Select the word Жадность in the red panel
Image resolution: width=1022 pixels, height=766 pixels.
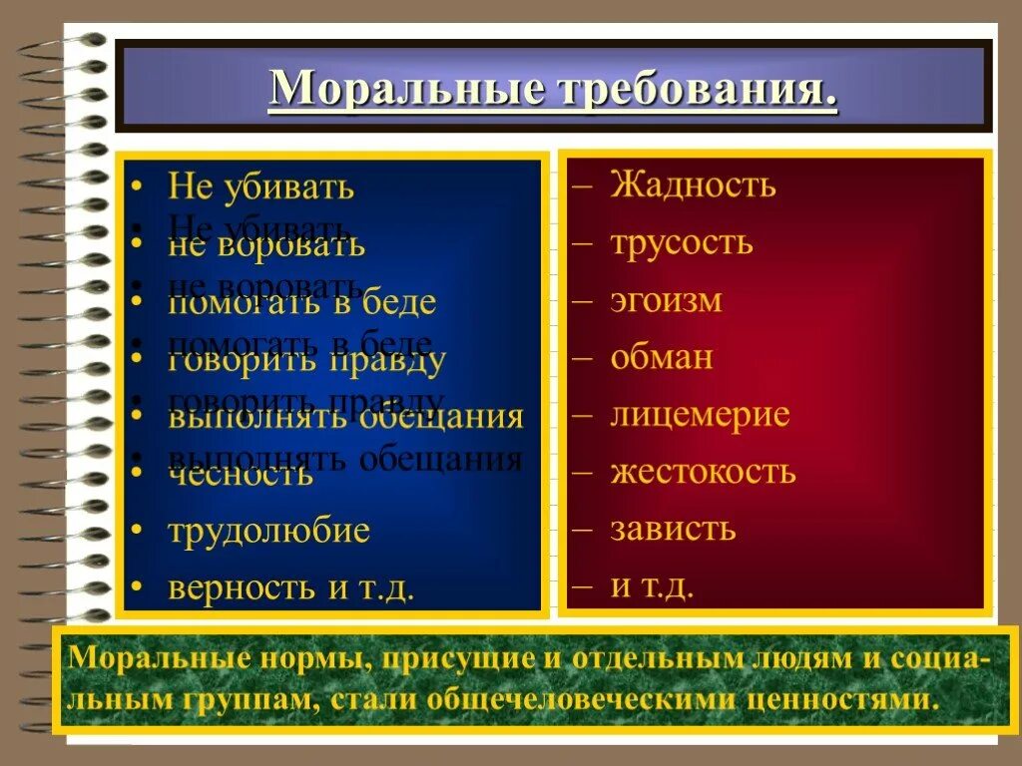pos(694,185)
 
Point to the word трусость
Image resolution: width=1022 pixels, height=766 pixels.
pos(682,242)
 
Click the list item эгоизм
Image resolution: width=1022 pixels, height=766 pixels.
pos(666,300)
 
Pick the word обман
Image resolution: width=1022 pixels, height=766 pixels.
pos(662,357)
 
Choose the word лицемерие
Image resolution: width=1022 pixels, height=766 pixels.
pos(700,414)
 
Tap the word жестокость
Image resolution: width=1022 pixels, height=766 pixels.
pos(703,471)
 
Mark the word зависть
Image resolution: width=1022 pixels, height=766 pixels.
pos(673,528)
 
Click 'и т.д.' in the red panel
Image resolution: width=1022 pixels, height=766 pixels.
pos(652,585)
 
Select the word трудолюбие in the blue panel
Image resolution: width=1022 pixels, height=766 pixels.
pos(269,531)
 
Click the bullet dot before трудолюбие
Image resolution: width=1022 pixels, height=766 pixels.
pos(137,532)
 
